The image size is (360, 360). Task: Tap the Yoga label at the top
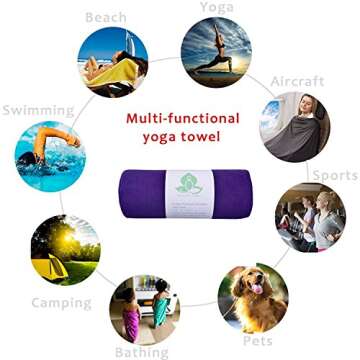pos(217,7)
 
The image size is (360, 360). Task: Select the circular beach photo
pos(112,60)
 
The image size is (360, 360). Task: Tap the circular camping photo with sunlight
pos(65,249)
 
